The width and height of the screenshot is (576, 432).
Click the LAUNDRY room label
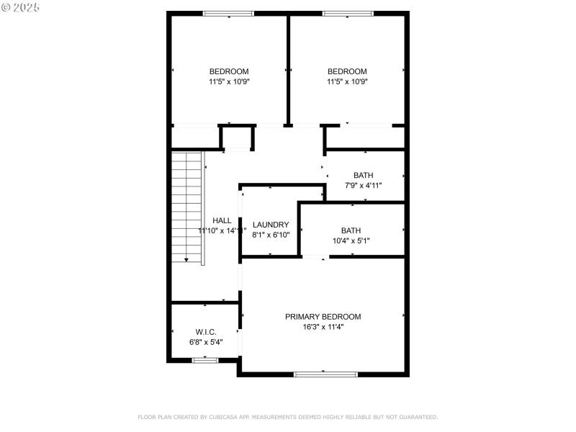point(271,225)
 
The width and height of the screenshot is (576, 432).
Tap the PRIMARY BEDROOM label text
point(323,317)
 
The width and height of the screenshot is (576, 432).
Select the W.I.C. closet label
point(206,332)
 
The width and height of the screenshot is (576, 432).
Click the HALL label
point(222,220)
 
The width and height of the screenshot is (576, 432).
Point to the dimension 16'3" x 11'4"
point(323,327)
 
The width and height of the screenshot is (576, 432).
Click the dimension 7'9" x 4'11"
point(363,186)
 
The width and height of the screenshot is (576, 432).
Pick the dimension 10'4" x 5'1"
point(351,240)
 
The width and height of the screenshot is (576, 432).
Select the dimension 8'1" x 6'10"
point(271,235)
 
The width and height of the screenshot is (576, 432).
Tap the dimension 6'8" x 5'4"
point(206,342)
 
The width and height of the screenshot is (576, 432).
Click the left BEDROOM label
point(229,71)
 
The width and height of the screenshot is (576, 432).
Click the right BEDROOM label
point(347,71)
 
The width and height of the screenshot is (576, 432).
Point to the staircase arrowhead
point(186,261)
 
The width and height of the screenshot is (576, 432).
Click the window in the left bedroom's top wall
point(228,14)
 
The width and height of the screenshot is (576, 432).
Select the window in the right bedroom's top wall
point(347,14)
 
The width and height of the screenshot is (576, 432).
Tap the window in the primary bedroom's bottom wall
point(325,374)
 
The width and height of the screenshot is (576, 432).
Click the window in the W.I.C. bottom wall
point(205,359)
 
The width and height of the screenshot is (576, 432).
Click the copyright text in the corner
point(20,6)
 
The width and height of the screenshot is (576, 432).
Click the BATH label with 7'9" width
point(363,176)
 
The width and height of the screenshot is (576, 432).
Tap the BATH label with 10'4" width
point(351,230)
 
